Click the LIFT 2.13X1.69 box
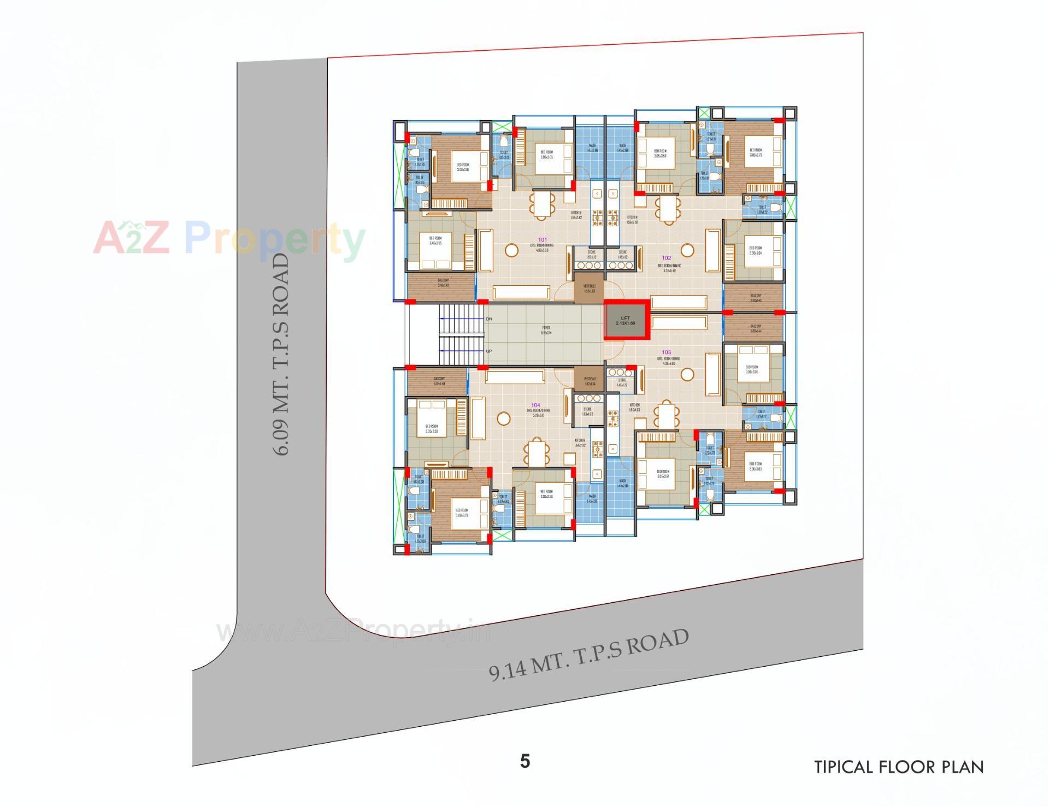tap(626, 321)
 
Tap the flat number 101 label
tap(542, 239)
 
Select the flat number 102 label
tap(667, 258)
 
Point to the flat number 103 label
tap(666, 352)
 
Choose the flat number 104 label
tap(535, 405)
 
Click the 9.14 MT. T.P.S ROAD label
tap(588, 655)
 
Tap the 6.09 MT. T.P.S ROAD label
tap(281, 354)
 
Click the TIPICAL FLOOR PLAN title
tap(899, 767)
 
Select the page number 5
tap(525, 761)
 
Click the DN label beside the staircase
tap(489, 319)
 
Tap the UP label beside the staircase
tap(489, 351)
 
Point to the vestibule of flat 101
tap(589, 288)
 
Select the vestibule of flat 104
tap(589, 380)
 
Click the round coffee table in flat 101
tap(511, 250)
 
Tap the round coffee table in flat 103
tap(687, 374)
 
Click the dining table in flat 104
tap(537, 452)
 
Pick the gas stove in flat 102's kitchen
tap(612, 217)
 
